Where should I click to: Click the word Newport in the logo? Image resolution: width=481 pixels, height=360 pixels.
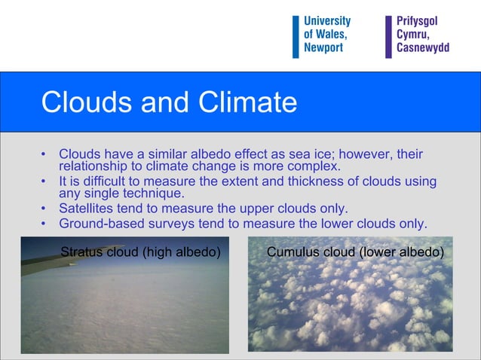[x=323, y=47]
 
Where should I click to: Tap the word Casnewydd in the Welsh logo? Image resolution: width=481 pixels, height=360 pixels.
[x=422, y=47]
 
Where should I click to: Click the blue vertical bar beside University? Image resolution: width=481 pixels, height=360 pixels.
[x=296, y=36]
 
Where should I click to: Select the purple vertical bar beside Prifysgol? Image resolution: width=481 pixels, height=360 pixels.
[x=388, y=36]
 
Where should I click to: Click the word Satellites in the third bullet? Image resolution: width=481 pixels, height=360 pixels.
[x=87, y=209]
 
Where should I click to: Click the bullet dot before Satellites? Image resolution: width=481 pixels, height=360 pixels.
[x=44, y=209]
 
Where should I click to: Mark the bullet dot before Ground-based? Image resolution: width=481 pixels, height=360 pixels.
[x=44, y=224]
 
